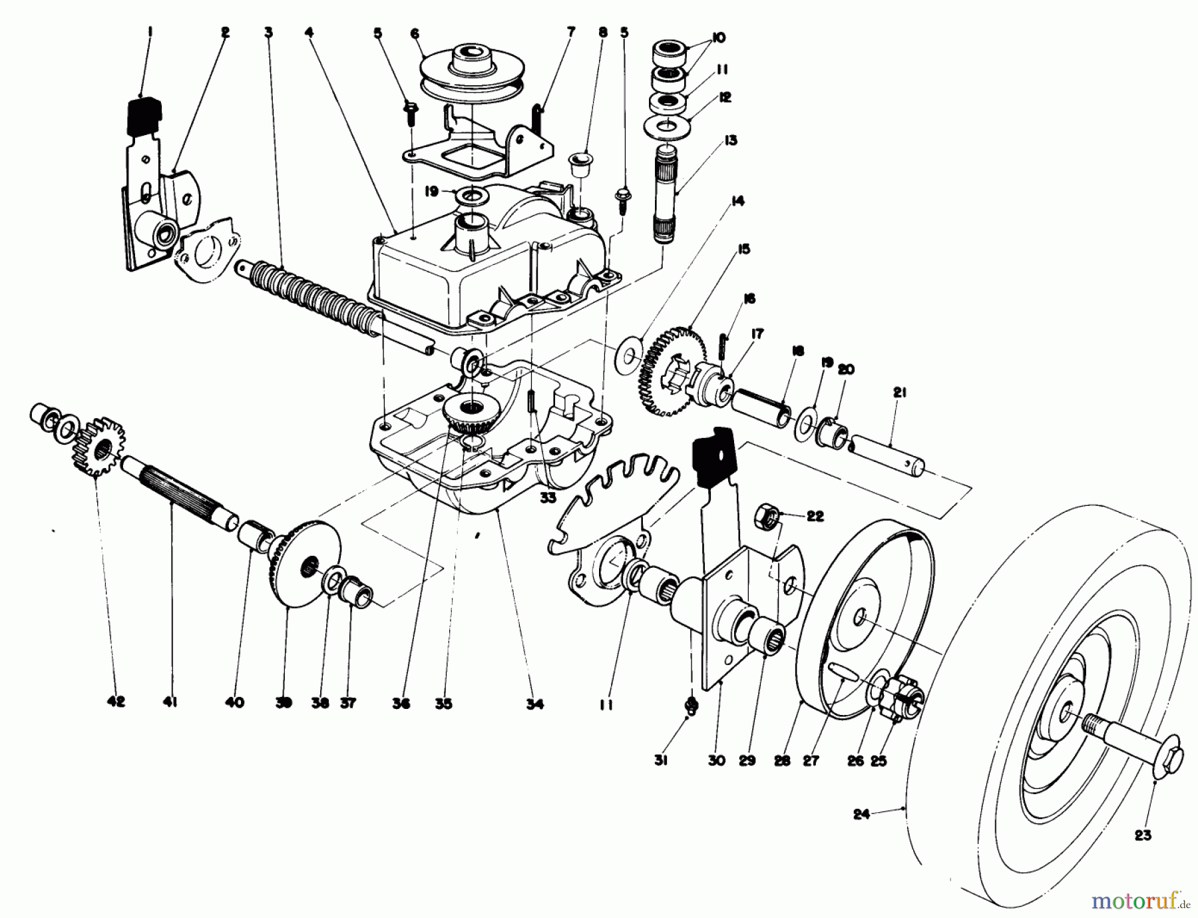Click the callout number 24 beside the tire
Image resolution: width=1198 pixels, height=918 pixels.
coord(861,813)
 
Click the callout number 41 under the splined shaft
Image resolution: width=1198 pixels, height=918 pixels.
coord(170,702)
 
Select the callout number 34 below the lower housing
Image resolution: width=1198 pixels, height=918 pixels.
coord(534,704)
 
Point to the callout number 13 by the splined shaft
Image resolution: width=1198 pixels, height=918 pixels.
coord(731,140)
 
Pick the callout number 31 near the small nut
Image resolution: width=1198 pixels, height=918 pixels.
coord(660,761)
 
